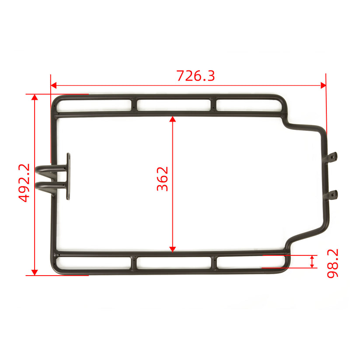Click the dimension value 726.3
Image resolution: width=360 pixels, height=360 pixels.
coord(196,76)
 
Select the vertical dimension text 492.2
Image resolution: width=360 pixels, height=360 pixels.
coord(24,182)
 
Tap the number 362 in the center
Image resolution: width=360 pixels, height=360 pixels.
coord(163,178)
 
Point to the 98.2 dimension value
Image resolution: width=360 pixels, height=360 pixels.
coord(332,263)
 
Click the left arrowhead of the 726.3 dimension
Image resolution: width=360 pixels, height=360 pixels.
coord(54,85)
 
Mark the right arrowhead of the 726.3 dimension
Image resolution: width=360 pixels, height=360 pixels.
coord(323,85)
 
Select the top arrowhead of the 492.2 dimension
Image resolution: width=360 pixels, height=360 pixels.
coord(35,97)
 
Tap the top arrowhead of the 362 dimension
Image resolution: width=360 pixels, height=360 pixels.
coord(173,119)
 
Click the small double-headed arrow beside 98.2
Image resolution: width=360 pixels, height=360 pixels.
coord(312,262)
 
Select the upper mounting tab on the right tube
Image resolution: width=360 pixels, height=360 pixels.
coord(332,157)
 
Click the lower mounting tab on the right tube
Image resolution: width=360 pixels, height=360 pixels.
coord(332,194)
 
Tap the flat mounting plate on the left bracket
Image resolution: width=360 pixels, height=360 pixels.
coord(68,177)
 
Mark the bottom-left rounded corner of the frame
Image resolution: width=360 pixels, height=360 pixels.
coord(56,269)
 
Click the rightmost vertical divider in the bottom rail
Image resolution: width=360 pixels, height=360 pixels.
coord(214,262)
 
